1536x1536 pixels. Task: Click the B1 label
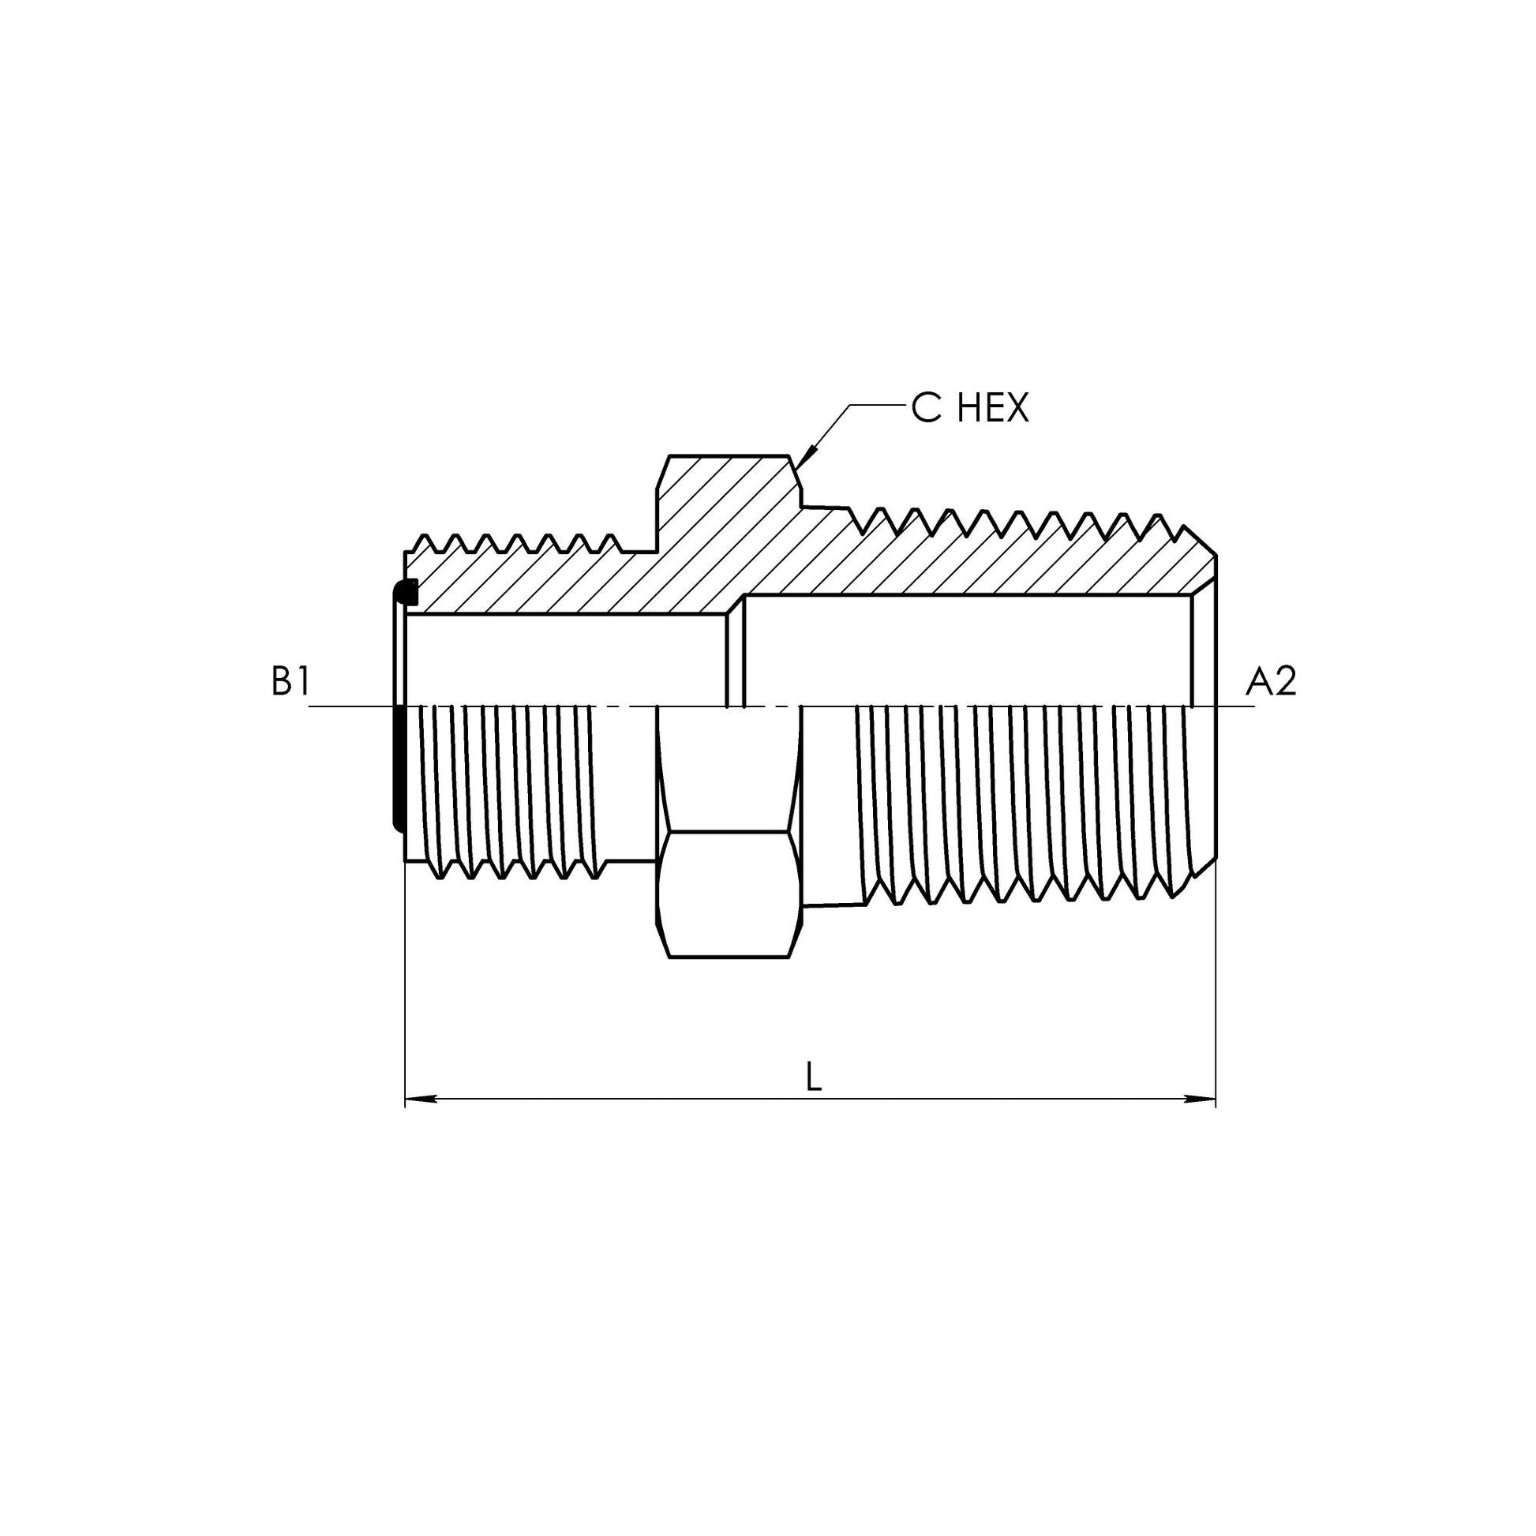290,682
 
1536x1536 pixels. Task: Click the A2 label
1271,682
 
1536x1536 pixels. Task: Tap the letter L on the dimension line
812,1077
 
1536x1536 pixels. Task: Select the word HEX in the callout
992,409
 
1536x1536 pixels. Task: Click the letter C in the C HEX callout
925,409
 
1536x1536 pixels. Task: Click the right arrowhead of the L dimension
1200,1100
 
